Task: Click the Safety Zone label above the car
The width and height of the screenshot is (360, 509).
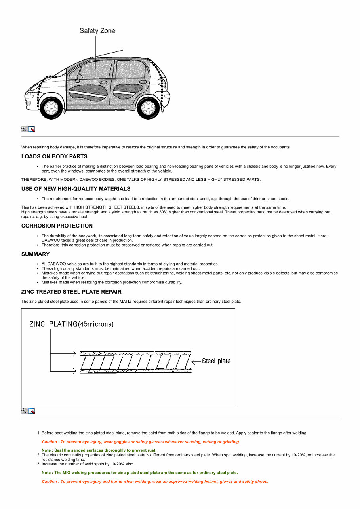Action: pyautogui.click(x=97, y=31)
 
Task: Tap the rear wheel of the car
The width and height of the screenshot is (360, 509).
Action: pyautogui.click(x=149, y=106)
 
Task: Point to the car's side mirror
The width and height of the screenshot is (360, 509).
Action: pyautogui.click(x=79, y=76)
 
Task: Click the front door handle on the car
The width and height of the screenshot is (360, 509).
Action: pyautogui.click(x=103, y=83)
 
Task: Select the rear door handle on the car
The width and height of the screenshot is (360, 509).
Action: pyautogui.click(x=143, y=82)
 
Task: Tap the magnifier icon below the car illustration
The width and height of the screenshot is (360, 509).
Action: pyautogui.click(x=24, y=129)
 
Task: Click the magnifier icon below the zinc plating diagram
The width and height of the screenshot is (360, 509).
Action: pyautogui.click(x=24, y=411)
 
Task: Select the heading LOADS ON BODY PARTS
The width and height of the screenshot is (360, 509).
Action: pyautogui.click(x=54, y=156)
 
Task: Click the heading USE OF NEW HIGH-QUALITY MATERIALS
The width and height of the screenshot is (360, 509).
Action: pyautogui.click(x=76, y=189)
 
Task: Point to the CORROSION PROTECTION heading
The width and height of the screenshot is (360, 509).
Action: pyautogui.click(x=57, y=226)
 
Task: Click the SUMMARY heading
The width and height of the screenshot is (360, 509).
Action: pyautogui.click(x=35, y=254)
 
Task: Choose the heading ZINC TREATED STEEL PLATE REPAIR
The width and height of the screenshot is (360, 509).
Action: pyautogui.click(x=71, y=292)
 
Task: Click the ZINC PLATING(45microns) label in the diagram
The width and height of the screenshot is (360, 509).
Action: pyautogui.click(x=72, y=324)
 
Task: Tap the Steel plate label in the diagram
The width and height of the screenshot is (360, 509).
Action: pyautogui.click(x=216, y=361)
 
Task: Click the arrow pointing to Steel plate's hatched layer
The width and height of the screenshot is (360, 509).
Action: pyautogui.click(x=196, y=361)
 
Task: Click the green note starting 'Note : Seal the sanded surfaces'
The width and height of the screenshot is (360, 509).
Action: pyautogui.click(x=99, y=450)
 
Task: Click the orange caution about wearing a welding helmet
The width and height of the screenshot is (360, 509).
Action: pyautogui.click(x=155, y=482)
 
